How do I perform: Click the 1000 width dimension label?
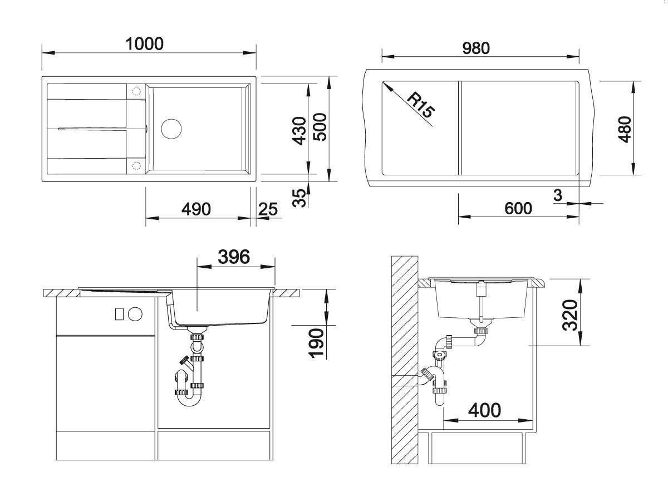coord(144,44)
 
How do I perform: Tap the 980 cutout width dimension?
coord(476,48)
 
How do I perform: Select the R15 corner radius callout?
coord(420,105)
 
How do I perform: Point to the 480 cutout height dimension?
coord(625,129)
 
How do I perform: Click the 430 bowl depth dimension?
coord(299,131)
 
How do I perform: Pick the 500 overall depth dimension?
coord(320,127)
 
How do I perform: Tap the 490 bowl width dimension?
coord(196,209)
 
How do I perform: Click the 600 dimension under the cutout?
coord(518,209)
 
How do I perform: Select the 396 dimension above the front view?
coord(234,257)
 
